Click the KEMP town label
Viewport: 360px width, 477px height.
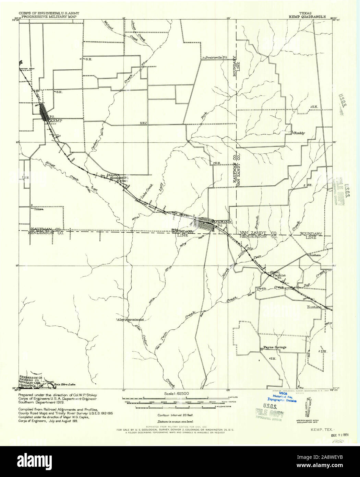(x=55, y=121)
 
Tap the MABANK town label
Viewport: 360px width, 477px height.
(x=223, y=222)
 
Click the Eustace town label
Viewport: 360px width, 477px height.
(x=314, y=307)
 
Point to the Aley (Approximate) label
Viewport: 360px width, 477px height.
(x=130, y=319)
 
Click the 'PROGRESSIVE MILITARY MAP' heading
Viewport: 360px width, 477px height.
(x=48, y=16)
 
